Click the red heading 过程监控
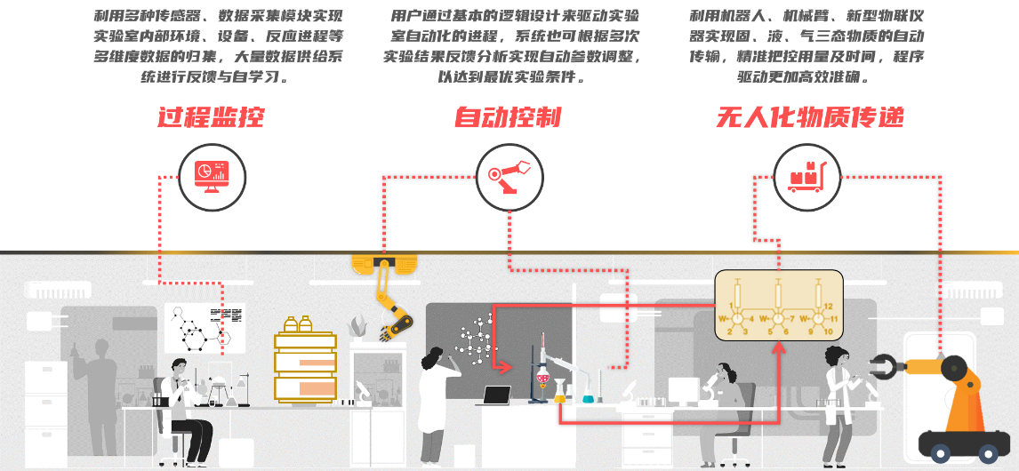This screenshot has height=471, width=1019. (x=211, y=117)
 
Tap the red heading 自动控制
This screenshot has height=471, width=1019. (x=508, y=117)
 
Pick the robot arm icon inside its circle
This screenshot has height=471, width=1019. (x=509, y=172)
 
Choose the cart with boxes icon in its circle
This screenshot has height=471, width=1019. (x=806, y=174)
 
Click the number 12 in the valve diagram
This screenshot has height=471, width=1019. (x=828, y=306)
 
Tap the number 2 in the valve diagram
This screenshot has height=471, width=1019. (x=730, y=331)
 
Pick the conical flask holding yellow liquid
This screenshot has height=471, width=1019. (x=560, y=395)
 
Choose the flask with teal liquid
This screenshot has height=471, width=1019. (x=588, y=396)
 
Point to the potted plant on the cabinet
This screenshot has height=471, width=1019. (x=358, y=327)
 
